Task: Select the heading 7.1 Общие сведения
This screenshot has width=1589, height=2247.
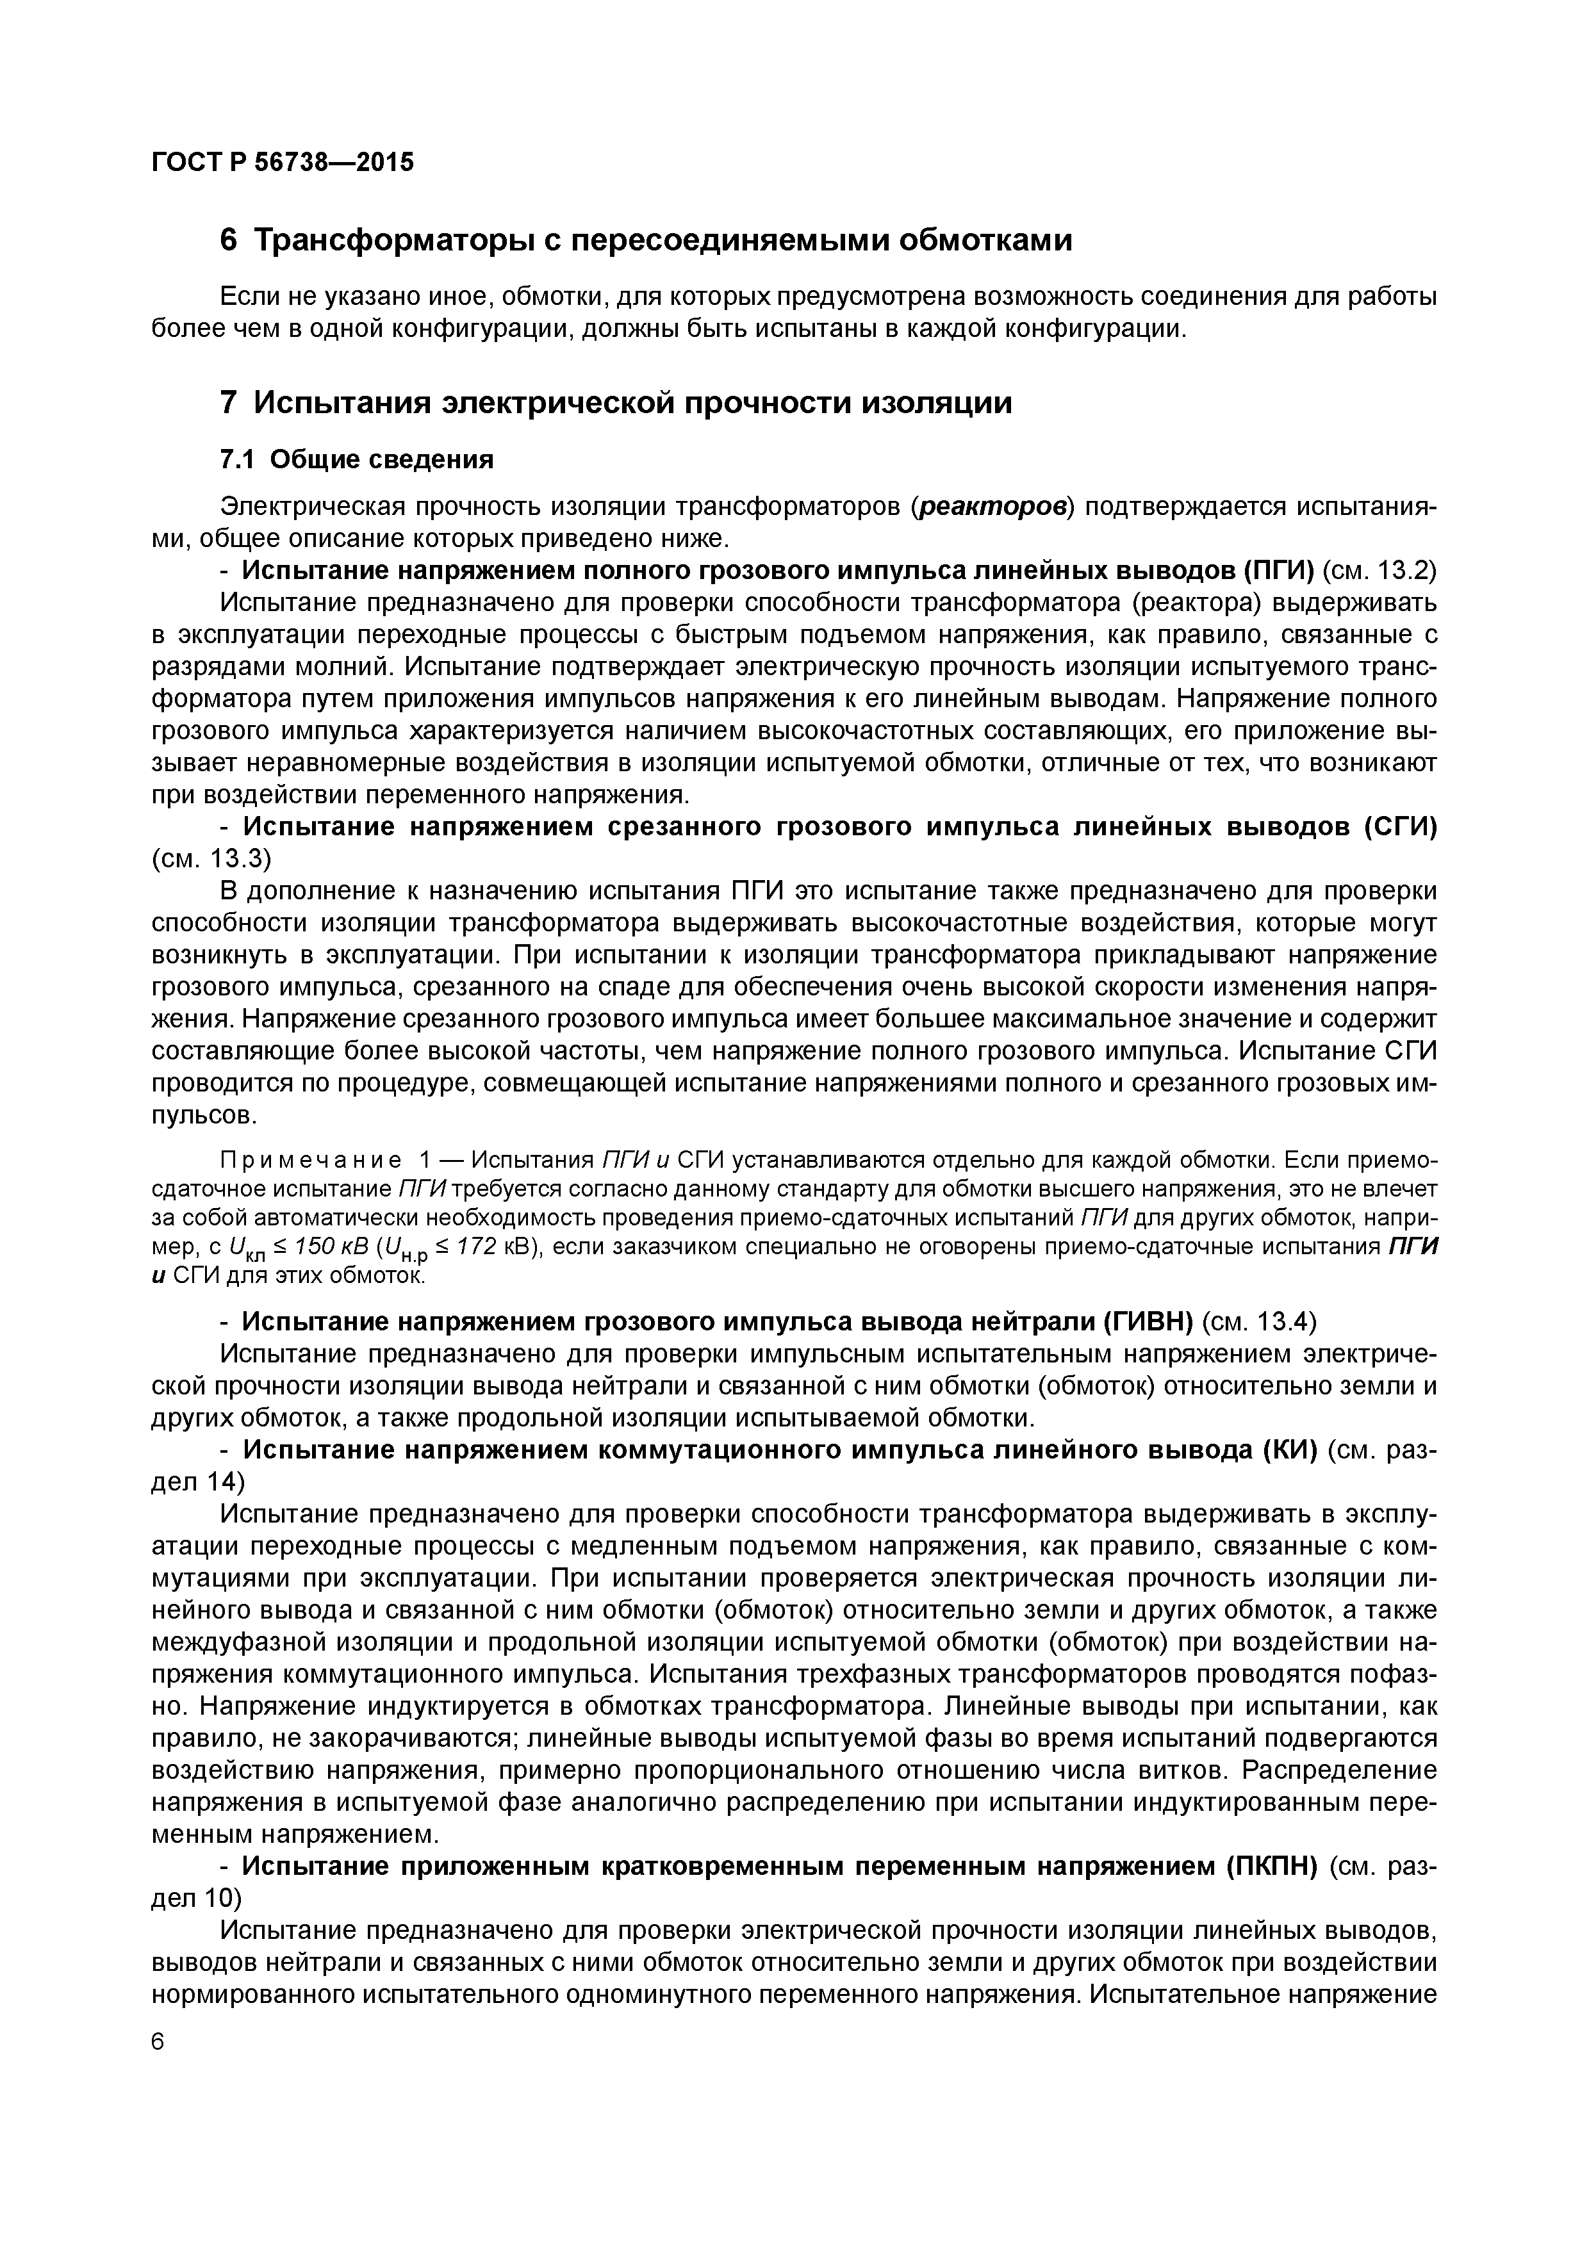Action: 356,459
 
